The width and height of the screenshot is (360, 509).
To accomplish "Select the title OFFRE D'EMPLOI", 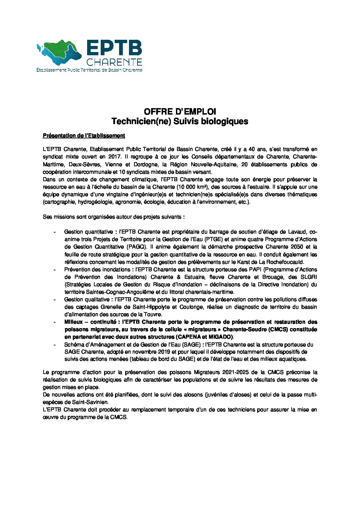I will tap(180, 112).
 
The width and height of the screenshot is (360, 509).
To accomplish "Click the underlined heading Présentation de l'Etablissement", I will tap(84, 136).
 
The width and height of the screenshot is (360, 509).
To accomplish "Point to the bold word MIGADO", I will tap(222, 337).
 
